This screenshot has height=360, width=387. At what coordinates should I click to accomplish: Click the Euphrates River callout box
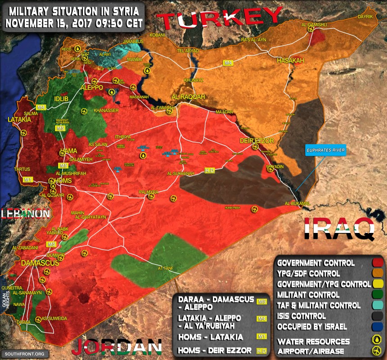326,150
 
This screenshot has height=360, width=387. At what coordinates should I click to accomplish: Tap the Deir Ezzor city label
256,141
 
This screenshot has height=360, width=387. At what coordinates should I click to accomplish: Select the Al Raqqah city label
188,97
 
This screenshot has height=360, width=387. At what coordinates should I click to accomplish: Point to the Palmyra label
149,192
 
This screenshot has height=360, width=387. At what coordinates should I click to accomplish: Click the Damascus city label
40,263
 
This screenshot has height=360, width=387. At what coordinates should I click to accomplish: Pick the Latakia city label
19,120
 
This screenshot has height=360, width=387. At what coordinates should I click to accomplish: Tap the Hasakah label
291,60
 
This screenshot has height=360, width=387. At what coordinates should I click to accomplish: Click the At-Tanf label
166,269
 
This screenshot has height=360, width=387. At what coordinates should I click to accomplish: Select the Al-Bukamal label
298,204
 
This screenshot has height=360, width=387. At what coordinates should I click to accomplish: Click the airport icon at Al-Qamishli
310,29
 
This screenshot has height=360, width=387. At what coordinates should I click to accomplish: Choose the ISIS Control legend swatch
377,316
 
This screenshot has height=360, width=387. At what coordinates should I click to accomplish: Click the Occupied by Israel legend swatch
377,327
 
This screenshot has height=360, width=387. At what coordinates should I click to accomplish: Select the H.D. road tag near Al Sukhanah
210,171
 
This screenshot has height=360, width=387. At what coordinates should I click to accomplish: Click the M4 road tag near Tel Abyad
228,63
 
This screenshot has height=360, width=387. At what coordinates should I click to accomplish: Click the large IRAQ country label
340,229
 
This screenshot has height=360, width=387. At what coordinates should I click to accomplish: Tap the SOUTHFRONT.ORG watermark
24,354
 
